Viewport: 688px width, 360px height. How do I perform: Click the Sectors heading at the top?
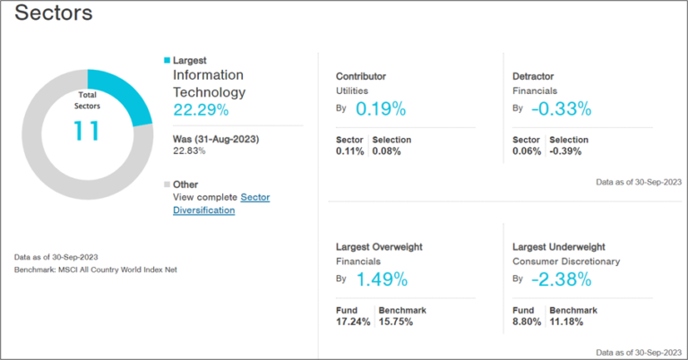point(54,15)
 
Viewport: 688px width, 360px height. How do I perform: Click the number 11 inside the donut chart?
point(88,131)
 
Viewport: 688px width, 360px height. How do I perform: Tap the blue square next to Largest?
point(167,61)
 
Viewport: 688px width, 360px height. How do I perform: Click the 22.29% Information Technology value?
point(201,110)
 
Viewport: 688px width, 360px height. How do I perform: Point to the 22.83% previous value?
point(189,151)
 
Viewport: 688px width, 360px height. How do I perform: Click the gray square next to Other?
point(167,184)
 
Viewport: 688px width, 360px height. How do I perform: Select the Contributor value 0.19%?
point(381,109)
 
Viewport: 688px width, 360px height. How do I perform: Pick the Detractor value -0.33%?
point(560,109)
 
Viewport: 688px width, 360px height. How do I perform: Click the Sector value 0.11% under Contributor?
point(349,151)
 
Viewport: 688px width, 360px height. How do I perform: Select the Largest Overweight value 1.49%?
point(381,279)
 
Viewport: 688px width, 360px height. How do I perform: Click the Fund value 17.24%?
point(352,322)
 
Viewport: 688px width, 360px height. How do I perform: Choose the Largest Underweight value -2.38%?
point(560,279)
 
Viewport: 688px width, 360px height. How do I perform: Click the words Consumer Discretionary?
point(567,261)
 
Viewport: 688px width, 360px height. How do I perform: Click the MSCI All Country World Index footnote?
point(96,269)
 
